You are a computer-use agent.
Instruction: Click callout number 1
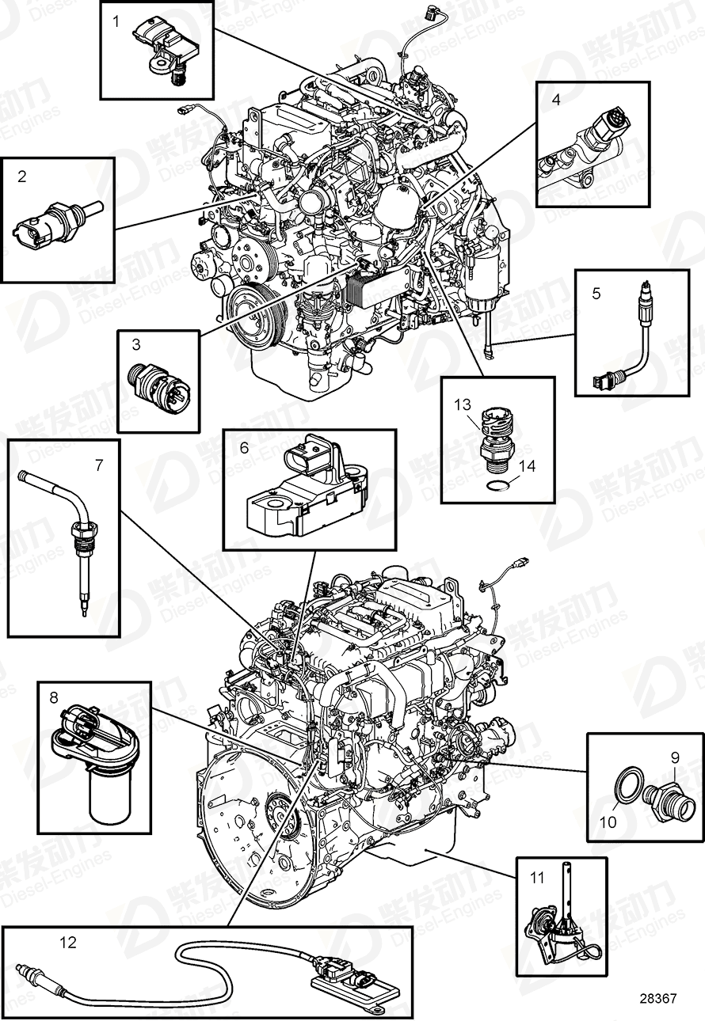(116, 21)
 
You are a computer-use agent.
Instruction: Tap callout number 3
(136, 344)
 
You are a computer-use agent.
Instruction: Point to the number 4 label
(556, 100)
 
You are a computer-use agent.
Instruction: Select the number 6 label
(244, 448)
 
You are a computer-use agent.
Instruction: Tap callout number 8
(54, 697)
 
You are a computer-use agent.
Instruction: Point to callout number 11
(538, 877)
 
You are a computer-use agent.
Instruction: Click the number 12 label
(68, 942)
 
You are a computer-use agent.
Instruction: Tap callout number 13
(463, 404)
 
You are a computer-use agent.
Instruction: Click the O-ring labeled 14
(498, 486)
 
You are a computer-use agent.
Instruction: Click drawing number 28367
(657, 998)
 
